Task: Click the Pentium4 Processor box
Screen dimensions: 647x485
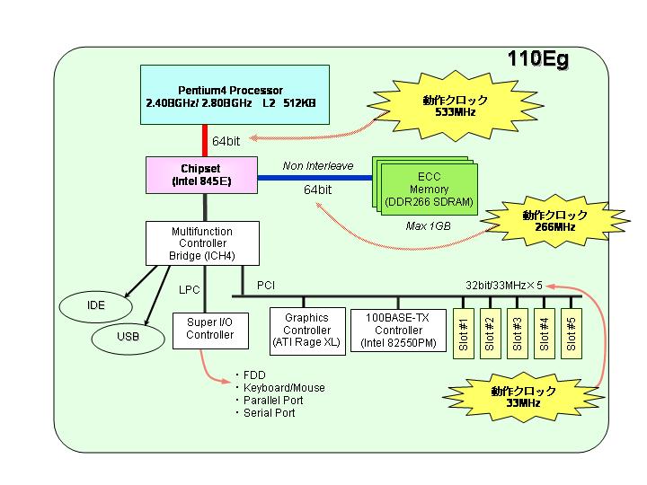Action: [x=235, y=94]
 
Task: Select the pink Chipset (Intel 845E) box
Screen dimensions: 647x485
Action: [x=202, y=175]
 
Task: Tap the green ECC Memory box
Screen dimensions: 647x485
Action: [x=430, y=190]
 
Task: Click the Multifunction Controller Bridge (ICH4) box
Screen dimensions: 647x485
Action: [x=202, y=243]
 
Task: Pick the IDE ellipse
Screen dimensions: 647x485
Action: [x=96, y=306]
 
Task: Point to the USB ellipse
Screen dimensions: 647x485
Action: [x=128, y=338]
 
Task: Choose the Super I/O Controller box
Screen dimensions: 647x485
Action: [x=210, y=331]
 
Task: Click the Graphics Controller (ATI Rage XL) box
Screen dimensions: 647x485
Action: [x=307, y=331]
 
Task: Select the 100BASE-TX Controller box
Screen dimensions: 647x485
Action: [x=398, y=331]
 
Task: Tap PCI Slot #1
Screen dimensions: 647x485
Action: [x=464, y=333]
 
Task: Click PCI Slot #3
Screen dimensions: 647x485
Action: [x=518, y=333]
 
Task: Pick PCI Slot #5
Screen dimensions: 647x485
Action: [x=572, y=333]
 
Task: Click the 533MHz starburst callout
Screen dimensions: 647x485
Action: [x=455, y=106]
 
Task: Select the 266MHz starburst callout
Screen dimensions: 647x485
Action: [x=555, y=221]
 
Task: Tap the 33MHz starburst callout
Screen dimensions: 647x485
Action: [x=523, y=397]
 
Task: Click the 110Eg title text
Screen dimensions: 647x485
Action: [x=537, y=59]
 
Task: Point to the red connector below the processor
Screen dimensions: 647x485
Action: [x=205, y=141]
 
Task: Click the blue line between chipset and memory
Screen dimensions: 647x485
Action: [x=315, y=178]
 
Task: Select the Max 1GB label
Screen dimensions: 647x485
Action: [x=428, y=226]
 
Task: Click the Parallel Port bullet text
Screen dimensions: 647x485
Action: [x=273, y=401]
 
